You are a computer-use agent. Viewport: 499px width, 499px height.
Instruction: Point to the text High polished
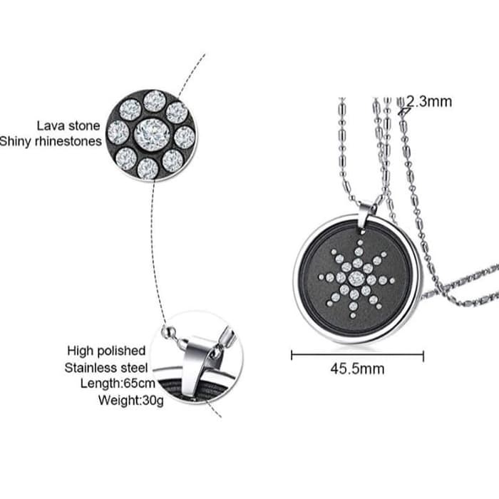(106, 351)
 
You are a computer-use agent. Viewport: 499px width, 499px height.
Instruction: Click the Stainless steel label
(106, 368)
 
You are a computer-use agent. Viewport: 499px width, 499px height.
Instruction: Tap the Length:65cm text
(114, 384)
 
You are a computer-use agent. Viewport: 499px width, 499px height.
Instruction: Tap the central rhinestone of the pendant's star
(357, 277)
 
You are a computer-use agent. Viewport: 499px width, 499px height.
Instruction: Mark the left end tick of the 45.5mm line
(292, 354)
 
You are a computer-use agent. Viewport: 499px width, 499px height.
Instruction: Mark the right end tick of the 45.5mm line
(423, 354)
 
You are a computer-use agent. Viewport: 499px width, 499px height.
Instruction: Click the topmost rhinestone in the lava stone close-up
(154, 101)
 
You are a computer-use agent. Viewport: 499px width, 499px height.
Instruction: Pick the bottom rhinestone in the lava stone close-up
(148, 168)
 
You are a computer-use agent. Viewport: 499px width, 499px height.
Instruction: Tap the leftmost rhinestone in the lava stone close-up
(118, 133)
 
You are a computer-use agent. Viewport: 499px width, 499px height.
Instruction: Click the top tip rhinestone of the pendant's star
(357, 240)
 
